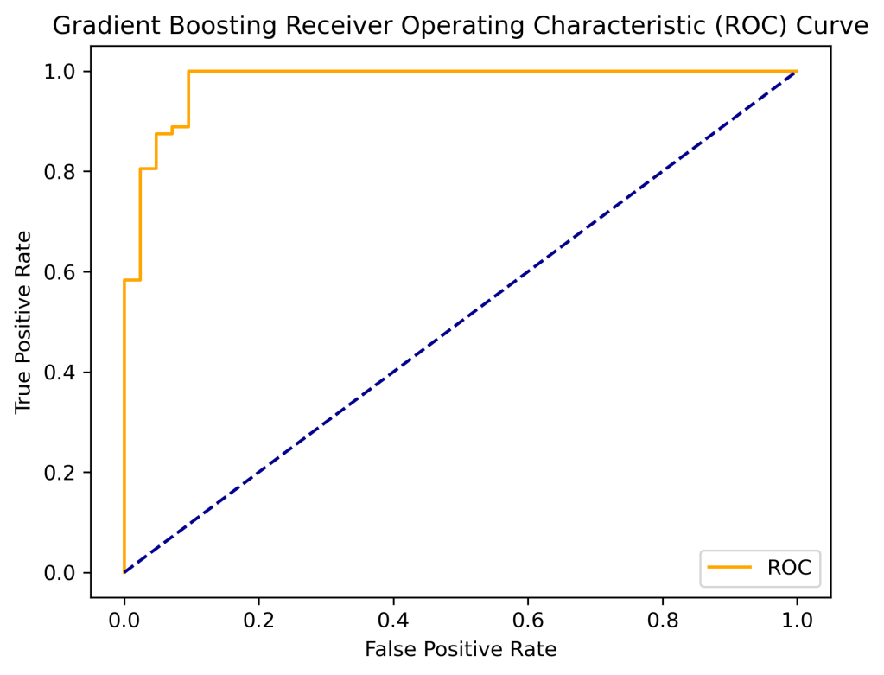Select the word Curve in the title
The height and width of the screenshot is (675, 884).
point(834,27)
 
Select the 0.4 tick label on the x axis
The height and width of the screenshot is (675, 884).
point(393,621)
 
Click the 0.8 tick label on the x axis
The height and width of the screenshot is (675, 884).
point(662,621)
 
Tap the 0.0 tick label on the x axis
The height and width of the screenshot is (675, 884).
point(124,621)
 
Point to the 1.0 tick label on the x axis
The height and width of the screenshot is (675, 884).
point(797,621)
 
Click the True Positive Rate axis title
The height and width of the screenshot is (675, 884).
point(24,322)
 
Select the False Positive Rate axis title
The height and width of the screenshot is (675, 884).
point(461,648)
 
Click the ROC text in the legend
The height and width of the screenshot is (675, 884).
point(788,567)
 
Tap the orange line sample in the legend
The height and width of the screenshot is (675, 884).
point(730,568)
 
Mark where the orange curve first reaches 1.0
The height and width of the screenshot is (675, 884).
point(188,71)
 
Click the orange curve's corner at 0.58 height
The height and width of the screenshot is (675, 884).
point(124,280)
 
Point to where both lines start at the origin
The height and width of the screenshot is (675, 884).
point(124,572)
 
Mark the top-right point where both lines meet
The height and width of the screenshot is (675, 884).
point(797,71)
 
